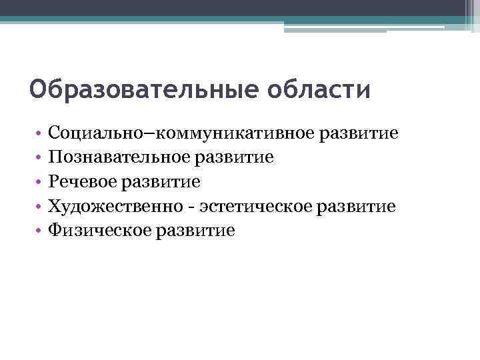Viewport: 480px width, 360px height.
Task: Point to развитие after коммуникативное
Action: [x=360, y=133]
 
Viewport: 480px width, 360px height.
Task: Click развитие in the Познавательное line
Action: [x=235, y=157]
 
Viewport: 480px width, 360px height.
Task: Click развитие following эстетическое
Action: [x=357, y=206]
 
